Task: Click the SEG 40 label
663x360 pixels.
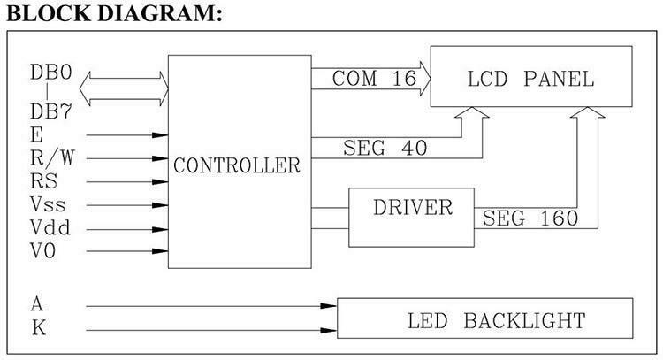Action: tap(385, 149)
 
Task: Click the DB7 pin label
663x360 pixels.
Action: tap(50, 113)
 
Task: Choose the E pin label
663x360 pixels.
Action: tap(35, 135)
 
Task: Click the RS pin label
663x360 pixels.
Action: tap(43, 182)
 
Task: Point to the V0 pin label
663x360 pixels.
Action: tap(44, 251)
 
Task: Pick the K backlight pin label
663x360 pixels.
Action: tap(38, 328)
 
